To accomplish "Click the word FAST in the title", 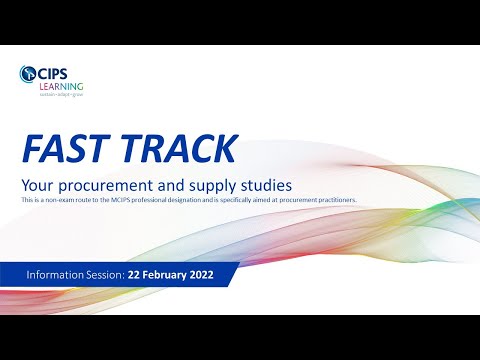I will (x=68, y=148).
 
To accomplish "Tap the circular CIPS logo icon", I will (x=27, y=72).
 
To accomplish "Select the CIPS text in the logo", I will (x=55, y=72).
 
